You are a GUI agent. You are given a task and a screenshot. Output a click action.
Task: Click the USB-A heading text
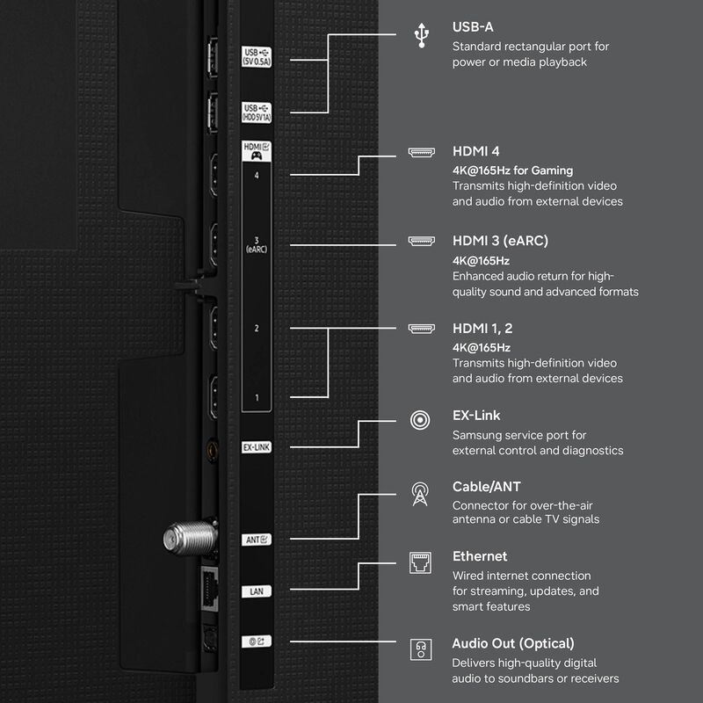(x=473, y=27)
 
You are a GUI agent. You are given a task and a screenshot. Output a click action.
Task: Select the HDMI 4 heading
(x=476, y=152)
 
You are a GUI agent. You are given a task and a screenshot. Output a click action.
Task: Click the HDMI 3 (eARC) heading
(x=500, y=241)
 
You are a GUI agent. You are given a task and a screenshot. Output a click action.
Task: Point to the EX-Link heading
(x=476, y=416)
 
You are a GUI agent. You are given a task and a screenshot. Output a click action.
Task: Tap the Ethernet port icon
(x=421, y=563)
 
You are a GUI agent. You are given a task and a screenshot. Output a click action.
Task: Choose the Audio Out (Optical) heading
(x=513, y=643)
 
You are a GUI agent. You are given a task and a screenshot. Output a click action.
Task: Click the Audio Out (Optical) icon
(x=421, y=650)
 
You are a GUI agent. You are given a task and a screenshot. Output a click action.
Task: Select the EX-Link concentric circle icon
(x=421, y=421)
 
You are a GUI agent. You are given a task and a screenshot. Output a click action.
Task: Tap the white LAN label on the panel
(x=256, y=591)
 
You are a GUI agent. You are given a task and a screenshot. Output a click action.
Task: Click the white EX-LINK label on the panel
(x=256, y=447)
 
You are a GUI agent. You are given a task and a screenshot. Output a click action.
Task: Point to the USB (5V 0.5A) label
(x=257, y=56)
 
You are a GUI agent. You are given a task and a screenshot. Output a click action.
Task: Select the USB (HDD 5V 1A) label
(x=257, y=112)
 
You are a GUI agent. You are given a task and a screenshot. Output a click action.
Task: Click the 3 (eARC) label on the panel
(x=257, y=243)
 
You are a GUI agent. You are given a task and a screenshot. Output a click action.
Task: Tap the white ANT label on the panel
(x=257, y=539)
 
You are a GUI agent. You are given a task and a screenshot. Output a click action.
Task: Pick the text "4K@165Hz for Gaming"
(x=512, y=170)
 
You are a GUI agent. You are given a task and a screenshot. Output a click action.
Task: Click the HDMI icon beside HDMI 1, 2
(x=421, y=329)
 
